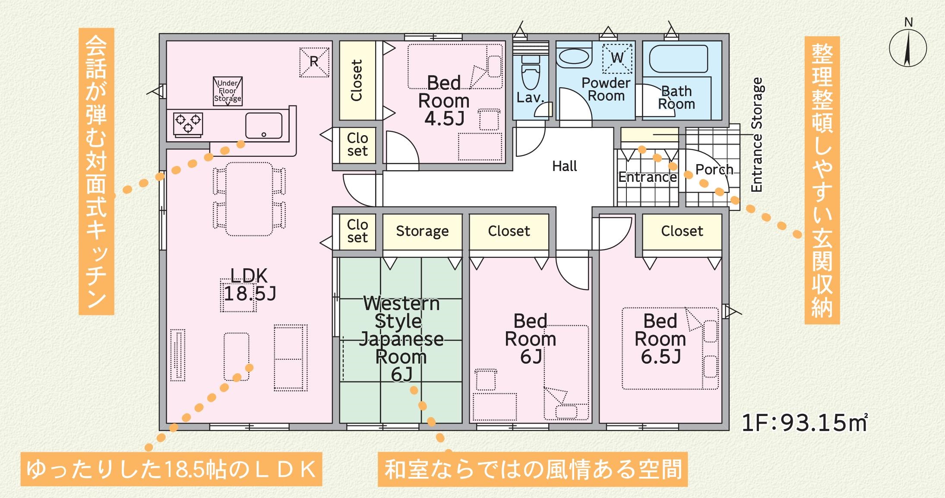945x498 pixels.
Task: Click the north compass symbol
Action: (908, 48)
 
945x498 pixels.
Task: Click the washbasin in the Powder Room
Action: (574, 57)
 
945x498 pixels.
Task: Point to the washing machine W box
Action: (617, 58)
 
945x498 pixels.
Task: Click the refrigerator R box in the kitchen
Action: (314, 62)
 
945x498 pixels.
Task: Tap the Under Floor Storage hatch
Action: (228, 91)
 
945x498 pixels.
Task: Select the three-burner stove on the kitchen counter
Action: (188, 123)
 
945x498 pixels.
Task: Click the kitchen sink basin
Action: (264, 126)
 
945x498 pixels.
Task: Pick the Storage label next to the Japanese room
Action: (422, 231)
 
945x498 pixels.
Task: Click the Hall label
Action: (564, 166)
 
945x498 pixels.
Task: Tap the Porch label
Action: (714, 170)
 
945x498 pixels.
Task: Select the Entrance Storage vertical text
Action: (757, 135)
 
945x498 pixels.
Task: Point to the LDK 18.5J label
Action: (249, 285)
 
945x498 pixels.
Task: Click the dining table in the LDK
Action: (249, 199)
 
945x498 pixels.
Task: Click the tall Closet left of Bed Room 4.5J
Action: (357, 80)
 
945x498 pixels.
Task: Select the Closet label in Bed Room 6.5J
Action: (682, 231)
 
